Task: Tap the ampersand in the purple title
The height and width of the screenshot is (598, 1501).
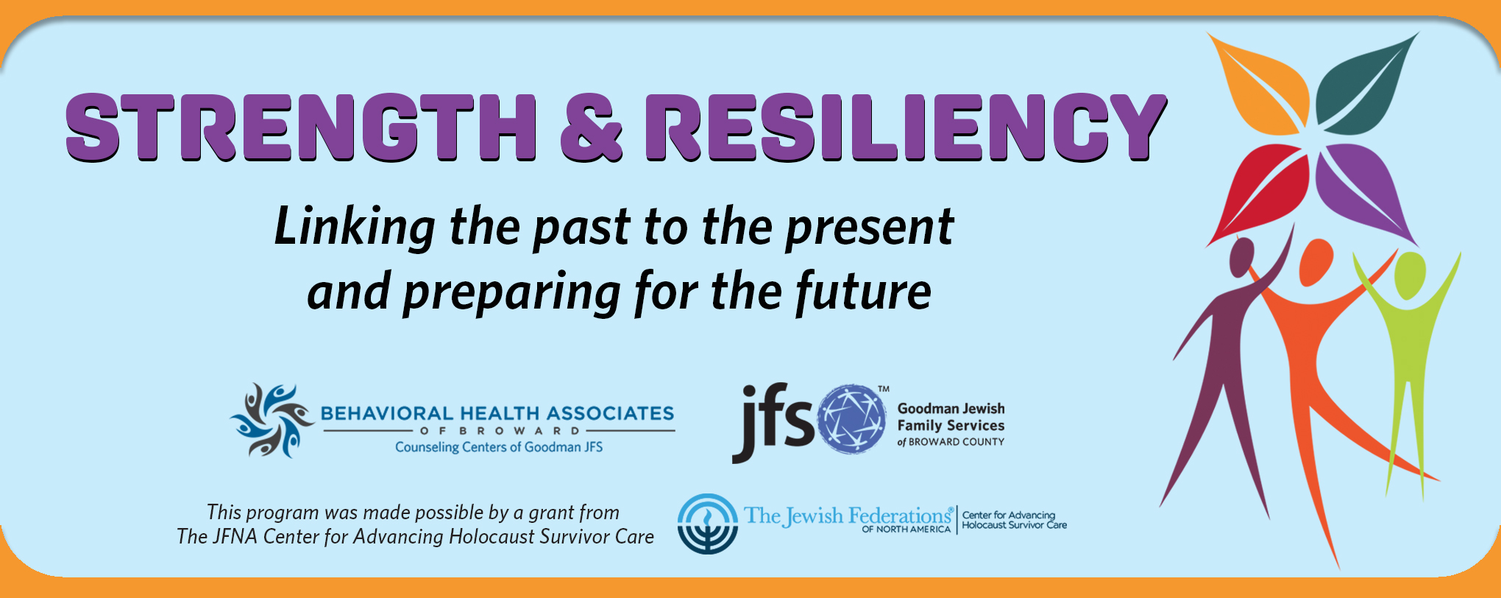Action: click(x=592, y=127)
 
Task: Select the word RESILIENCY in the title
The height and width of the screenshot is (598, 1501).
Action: click(x=906, y=127)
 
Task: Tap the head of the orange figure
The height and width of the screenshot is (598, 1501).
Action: click(x=1315, y=263)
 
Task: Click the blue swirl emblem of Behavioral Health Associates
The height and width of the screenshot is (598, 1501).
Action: click(x=272, y=421)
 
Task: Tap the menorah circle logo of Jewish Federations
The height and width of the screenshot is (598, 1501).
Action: click(x=708, y=524)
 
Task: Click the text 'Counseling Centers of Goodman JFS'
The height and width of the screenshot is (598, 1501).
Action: click(x=499, y=447)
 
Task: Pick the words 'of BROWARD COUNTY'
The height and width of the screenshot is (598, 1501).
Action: click(x=951, y=442)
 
